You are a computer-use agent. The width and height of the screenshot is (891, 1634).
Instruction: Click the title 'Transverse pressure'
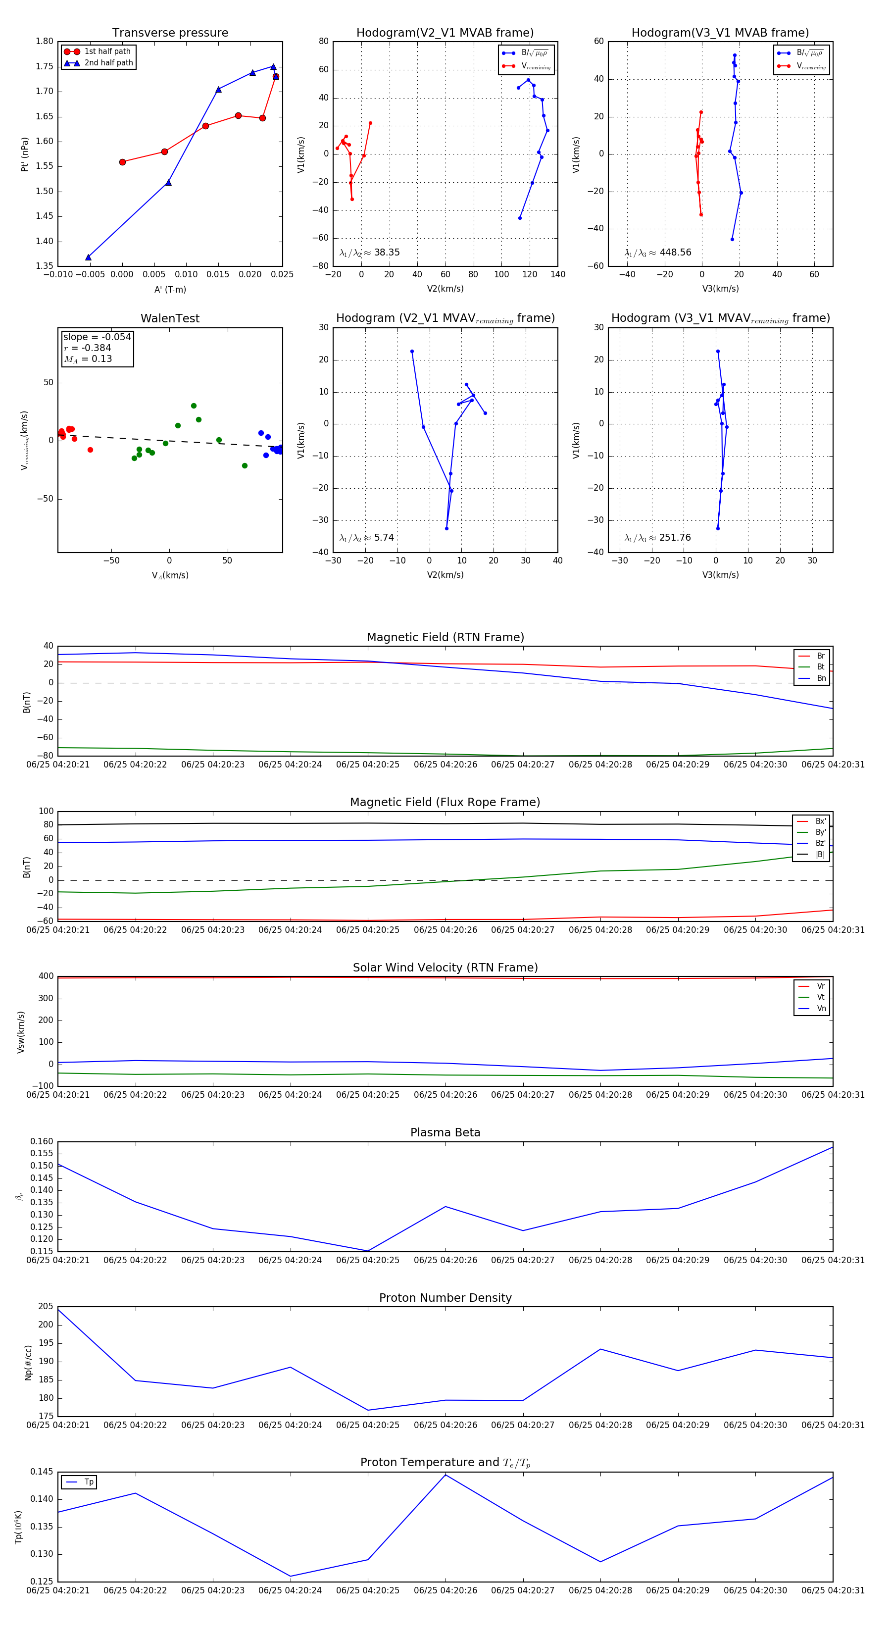tap(170, 33)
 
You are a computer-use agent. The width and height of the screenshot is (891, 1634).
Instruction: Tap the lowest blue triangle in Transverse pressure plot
tap(88, 257)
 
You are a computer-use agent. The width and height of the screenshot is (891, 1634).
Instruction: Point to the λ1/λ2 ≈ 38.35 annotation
tap(370, 253)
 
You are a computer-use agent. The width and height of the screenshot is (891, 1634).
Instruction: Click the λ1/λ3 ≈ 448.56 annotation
tap(658, 253)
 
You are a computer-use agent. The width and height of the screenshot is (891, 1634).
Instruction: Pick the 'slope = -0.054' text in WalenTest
tap(97, 337)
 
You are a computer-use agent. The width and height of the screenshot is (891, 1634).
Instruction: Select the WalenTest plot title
tap(170, 318)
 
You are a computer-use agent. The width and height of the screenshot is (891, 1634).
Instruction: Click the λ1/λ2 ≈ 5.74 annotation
tap(366, 538)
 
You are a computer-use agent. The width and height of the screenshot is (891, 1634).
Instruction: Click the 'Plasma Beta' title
tap(445, 1132)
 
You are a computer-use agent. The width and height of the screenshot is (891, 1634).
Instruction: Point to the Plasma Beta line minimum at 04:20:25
tap(368, 1251)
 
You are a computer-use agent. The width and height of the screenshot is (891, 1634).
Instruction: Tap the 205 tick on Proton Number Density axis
tap(46, 1306)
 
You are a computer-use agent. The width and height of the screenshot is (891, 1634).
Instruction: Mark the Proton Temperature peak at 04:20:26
tap(445, 1475)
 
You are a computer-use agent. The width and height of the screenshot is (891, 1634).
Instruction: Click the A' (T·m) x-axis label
tap(170, 289)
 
